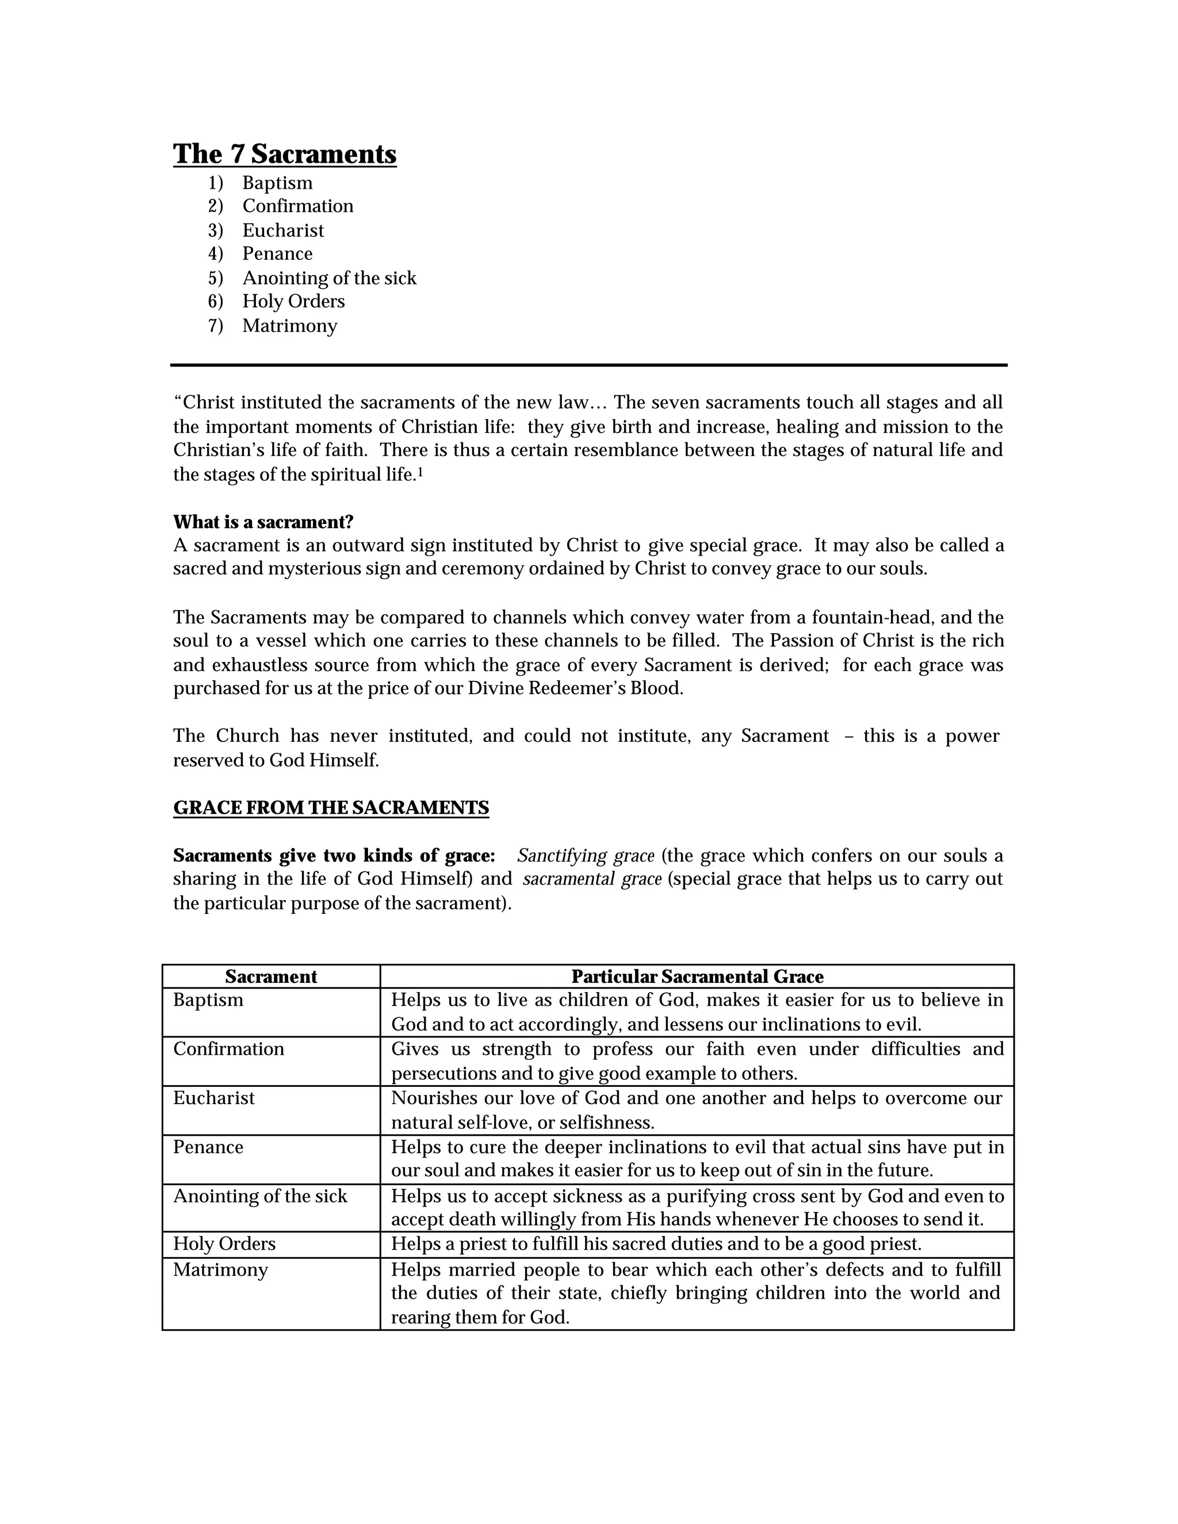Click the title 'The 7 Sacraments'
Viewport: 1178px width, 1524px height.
tap(285, 154)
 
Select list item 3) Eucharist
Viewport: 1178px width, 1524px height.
tap(282, 230)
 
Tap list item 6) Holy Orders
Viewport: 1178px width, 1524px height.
tap(293, 301)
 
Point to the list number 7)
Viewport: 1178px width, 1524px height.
tap(215, 326)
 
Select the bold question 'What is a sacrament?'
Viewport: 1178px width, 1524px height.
tap(263, 522)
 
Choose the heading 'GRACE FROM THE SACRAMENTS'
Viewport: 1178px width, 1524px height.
tap(331, 808)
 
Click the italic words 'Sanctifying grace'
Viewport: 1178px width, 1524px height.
tap(586, 856)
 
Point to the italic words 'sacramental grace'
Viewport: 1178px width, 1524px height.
tap(592, 879)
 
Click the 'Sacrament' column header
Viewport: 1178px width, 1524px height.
tap(271, 977)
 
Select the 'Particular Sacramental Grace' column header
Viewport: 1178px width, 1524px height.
tap(697, 977)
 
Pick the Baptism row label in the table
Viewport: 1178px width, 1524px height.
tap(208, 1001)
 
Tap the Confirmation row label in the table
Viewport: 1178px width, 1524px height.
tap(228, 1050)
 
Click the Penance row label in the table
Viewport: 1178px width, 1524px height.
tap(208, 1147)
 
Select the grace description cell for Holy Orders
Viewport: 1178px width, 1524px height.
tap(656, 1244)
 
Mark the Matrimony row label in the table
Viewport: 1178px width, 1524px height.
tap(220, 1269)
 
